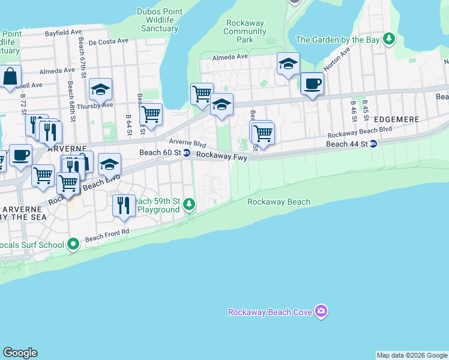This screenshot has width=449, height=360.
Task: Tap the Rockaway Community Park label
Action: (x=245, y=31)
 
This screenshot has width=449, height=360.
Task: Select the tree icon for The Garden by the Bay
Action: (x=390, y=40)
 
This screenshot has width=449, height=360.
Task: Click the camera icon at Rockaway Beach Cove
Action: (x=321, y=311)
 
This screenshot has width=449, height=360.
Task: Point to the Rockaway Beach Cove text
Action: (x=271, y=312)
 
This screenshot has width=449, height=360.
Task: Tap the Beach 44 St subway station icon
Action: (x=373, y=144)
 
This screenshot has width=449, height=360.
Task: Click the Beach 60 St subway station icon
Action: (x=187, y=153)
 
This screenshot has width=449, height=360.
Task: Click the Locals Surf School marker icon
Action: (x=73, y=244)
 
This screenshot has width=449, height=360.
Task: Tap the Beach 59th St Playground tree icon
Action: (x=189, y=205)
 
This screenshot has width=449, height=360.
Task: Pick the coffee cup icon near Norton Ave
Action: (x=312, y=83)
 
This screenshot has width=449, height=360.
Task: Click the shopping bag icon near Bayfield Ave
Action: (x=10, y=77)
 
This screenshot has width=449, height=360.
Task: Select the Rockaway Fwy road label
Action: (x=221, y=155)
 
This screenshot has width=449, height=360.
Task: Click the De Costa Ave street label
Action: (x=108, y=41)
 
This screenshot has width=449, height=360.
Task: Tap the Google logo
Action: (x=20, y=353)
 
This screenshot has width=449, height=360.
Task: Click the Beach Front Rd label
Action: (x=107, y=235)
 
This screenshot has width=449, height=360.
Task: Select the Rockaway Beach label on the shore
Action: (x=279, y=202)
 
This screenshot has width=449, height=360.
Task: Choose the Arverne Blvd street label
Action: (x=187, y=143)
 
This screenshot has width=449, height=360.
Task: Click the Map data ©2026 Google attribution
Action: (x=411, y=355)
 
